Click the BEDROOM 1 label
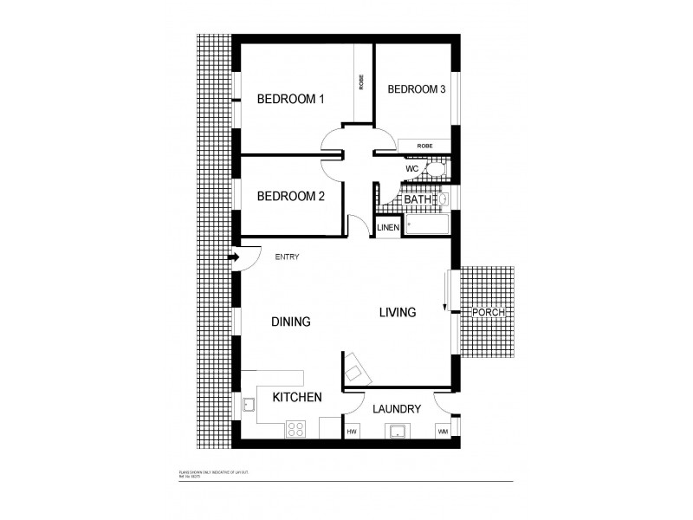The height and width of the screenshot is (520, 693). click(290, 100)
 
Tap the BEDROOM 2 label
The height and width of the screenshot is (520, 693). click(290, 197)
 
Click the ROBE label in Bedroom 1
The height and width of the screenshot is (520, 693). click(361, 82)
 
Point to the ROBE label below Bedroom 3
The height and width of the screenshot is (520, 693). click(424, 146)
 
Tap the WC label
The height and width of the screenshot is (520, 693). click(412, 167)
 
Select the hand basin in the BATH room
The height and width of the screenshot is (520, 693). click(444, 199)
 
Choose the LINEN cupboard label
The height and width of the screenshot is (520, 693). click(388, 228)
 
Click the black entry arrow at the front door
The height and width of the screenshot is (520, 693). click(234, 257)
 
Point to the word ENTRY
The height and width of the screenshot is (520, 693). click(288, 257)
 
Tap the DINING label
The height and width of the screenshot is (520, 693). click(290, 322)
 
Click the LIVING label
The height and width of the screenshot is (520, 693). click(398, 312)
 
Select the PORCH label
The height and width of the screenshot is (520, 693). click(488, 312)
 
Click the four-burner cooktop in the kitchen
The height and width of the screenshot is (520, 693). click(295, 429)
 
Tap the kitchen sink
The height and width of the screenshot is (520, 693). click(249, 405)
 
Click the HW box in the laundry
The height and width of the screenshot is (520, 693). click(353, 432)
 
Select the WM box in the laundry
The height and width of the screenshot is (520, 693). click(443, 432)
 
